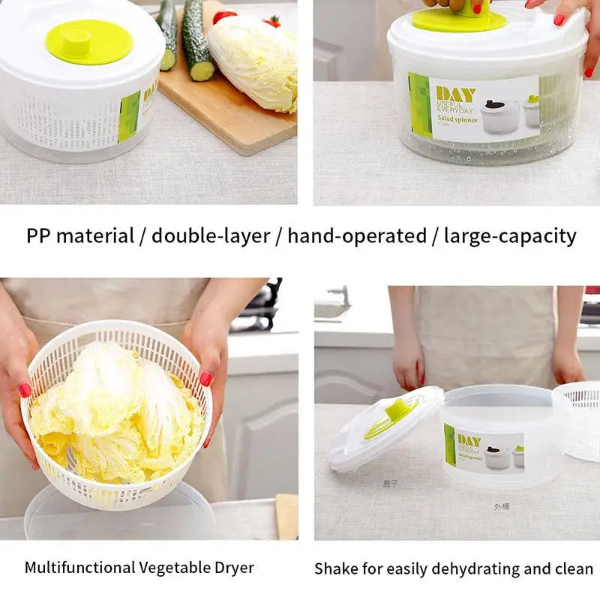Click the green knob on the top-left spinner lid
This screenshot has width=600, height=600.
pos(88,40)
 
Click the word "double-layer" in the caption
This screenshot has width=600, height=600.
pos(211,236)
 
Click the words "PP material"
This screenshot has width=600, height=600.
pos(79,236)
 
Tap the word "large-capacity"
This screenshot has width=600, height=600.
pos(510,236)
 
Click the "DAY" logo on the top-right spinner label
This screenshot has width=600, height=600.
pos(455,94)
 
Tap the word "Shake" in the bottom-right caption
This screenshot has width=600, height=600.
pos(336,568)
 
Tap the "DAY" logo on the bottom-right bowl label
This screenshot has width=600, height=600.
pos(469,440)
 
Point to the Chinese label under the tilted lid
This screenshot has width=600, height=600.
pos(390,484)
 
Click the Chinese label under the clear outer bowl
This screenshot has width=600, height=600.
pos(502,506)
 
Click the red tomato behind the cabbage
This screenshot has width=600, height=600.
pos(225,16)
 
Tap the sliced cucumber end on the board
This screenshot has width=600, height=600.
pos(201,71)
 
